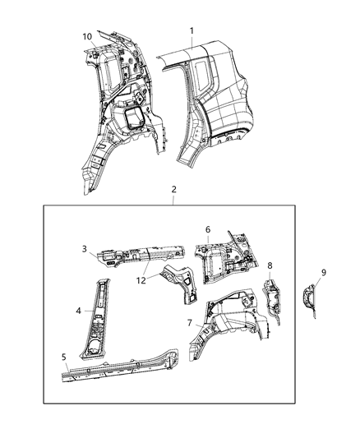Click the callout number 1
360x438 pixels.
(x=192, y=31)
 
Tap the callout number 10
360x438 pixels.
(x=86, y=36)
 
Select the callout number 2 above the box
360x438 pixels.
(x=173, y=190)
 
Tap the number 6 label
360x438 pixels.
(x=208, y=229)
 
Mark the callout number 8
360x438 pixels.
(x=270, y=265)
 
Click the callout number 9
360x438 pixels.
(x=323, y=272)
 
